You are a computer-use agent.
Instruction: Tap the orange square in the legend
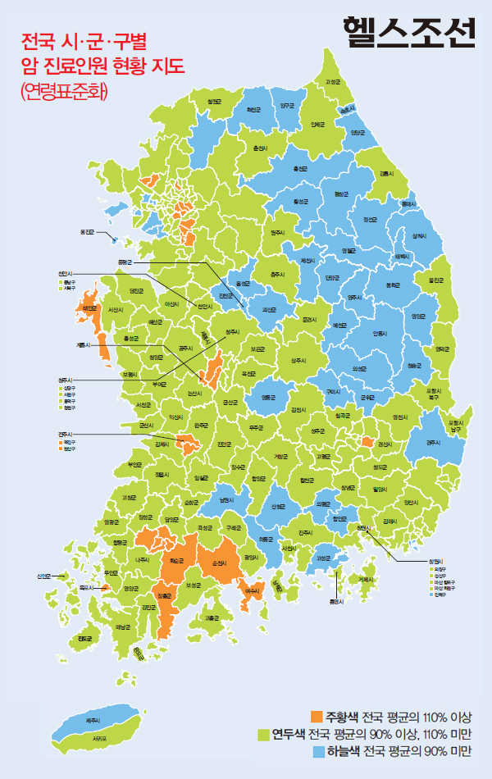(x=317, y=714)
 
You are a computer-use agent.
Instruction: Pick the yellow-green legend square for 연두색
(x=264, y=732)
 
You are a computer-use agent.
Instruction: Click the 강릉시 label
(x=386, y=174)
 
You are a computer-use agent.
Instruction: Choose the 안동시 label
(x=379, y=333)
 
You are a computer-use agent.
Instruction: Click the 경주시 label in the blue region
(x=434, y=442)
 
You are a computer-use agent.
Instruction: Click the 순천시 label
(x=218, y=563)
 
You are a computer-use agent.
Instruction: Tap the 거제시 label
(x=365, y=580)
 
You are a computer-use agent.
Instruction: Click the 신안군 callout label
(x=44, y=576)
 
